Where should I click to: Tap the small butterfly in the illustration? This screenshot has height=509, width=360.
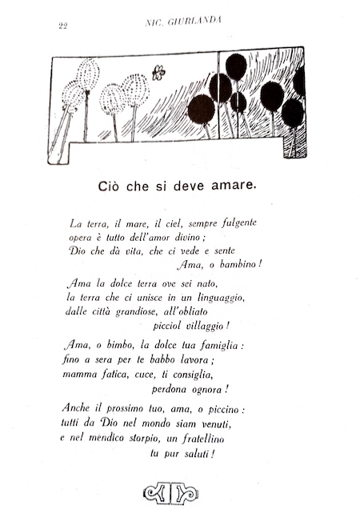pos(158,73)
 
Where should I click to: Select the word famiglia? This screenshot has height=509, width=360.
pos(216,346)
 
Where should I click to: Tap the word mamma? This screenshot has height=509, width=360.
pos(80,375)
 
